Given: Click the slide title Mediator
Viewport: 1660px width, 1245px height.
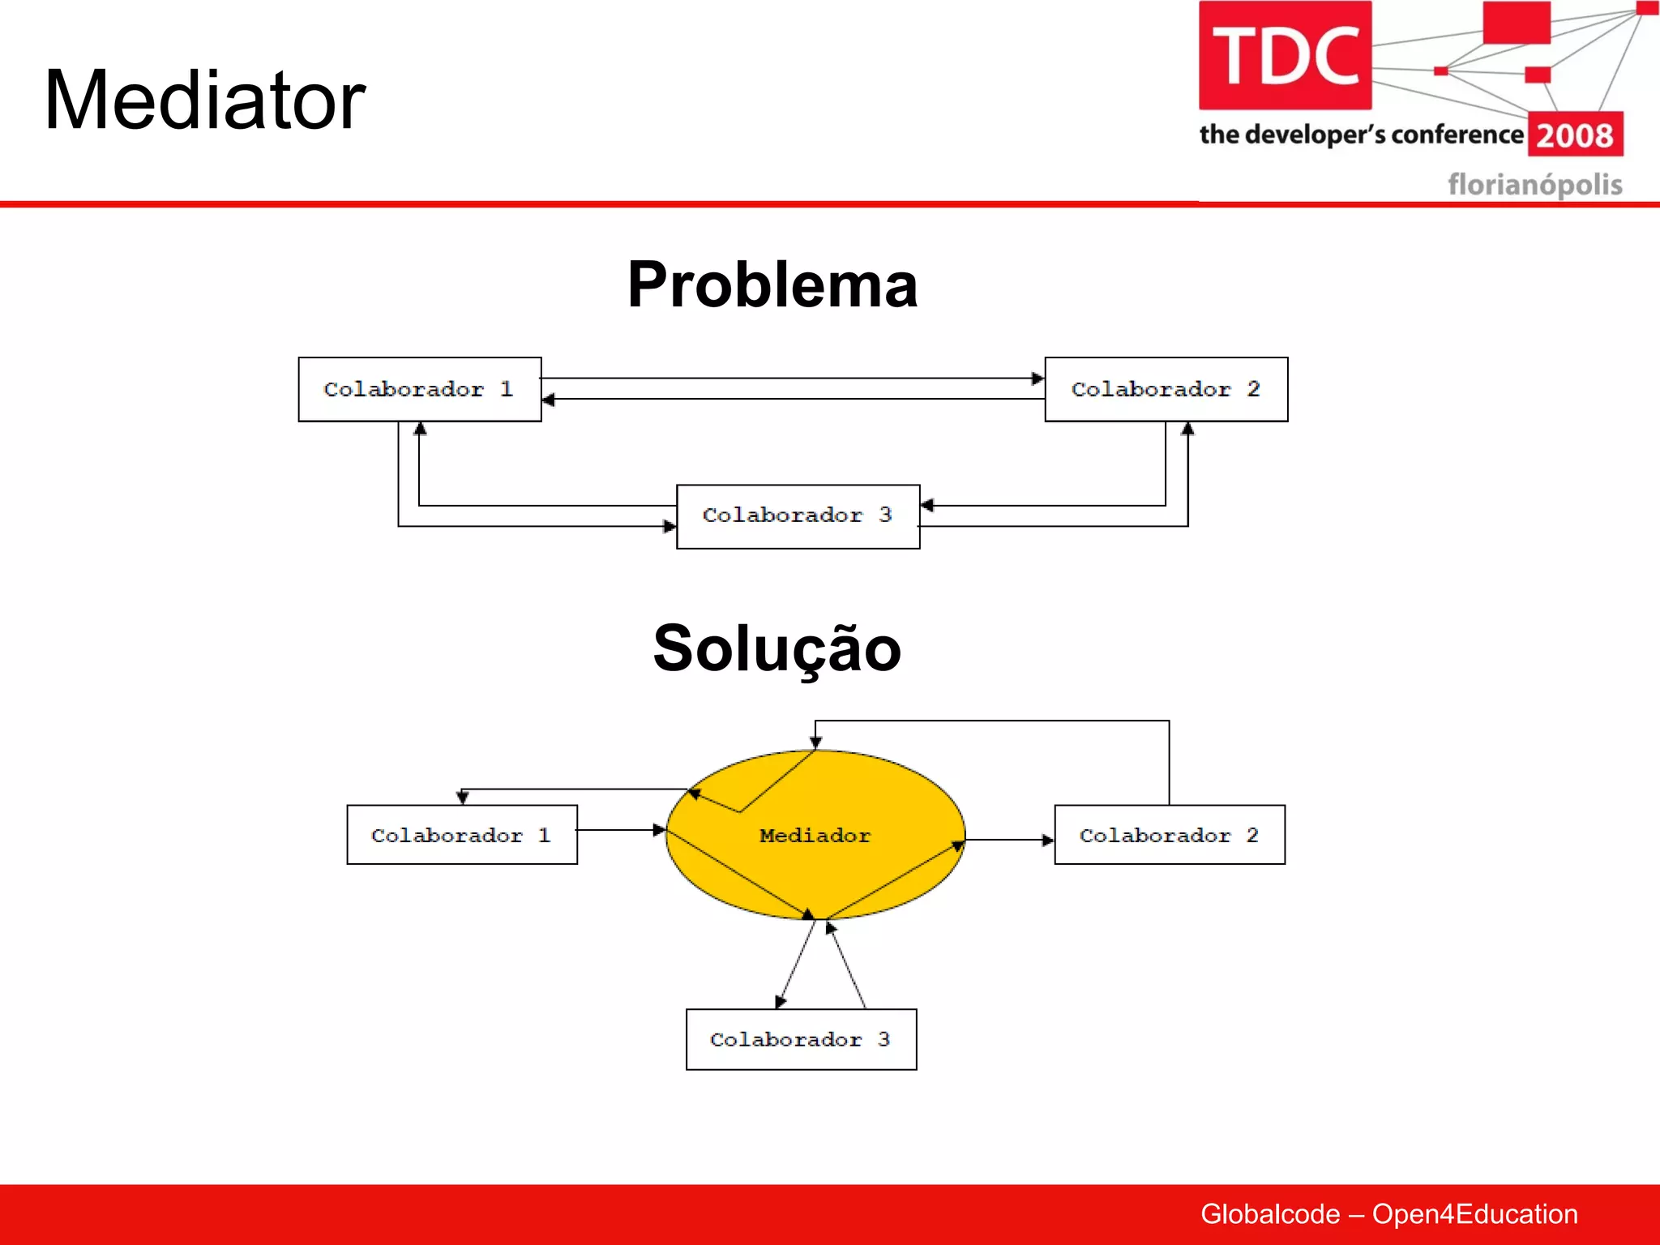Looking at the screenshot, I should pos(204,101).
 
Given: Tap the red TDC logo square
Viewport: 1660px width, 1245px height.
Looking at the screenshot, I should pos(1285,55).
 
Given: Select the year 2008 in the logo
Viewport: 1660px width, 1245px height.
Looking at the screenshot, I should pos(1575,135).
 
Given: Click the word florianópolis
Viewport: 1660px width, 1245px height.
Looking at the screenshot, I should pos(1534,184).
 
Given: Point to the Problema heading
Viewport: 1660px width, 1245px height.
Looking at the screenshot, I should pos(772,285).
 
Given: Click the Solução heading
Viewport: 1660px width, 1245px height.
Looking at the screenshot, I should pos(777,648).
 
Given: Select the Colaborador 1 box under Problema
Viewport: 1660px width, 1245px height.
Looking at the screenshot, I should pos(419,389).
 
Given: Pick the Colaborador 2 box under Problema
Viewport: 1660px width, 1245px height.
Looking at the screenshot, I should pos(1166,389).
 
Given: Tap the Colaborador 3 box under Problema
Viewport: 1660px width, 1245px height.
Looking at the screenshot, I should pos(798,516).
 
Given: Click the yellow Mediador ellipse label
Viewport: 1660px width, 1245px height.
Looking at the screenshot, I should pos(815,835).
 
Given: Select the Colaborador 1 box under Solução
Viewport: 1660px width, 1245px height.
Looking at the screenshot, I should pos(462,835).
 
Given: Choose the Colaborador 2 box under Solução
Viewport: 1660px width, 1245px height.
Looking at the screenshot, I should pos(1169,835).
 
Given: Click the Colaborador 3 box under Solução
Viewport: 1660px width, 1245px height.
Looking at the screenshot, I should pos(801,1039).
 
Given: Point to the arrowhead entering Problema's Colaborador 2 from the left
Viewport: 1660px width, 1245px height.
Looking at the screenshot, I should pos(1037,379).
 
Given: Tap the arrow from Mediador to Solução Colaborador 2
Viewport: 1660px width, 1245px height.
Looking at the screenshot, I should pos(1009,840).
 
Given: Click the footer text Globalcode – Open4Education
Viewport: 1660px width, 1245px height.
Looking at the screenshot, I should pos(1388,1214).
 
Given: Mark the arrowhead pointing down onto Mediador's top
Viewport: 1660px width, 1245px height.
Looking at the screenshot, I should pos(815,742).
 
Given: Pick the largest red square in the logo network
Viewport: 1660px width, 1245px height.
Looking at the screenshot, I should pos(1516,23).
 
